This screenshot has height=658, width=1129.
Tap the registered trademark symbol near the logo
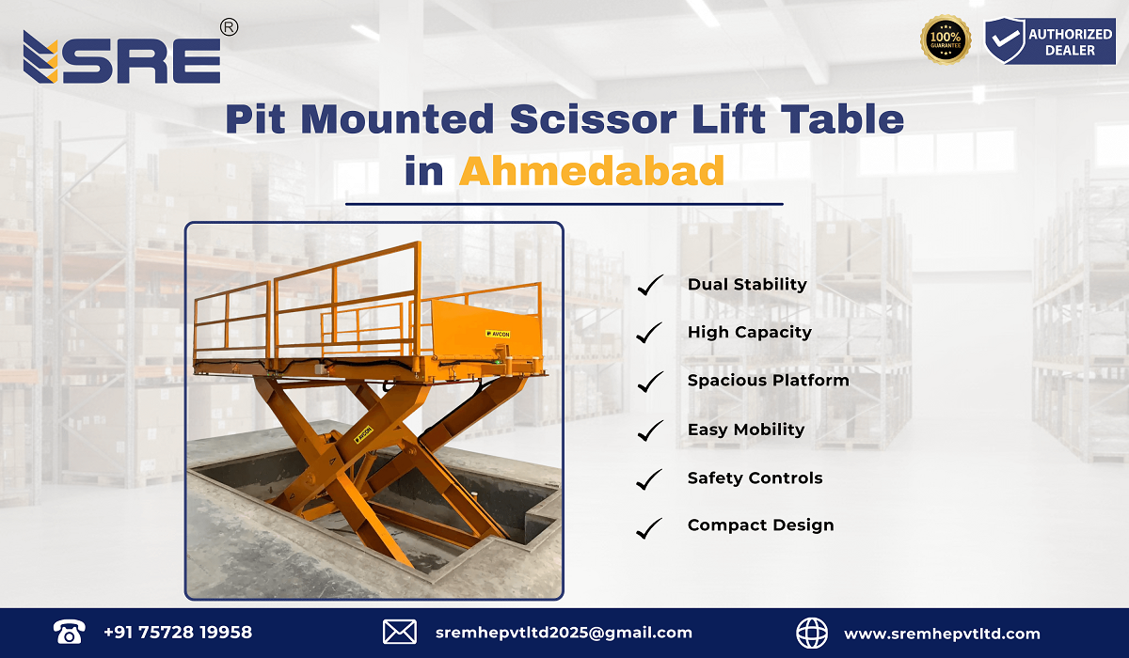228,28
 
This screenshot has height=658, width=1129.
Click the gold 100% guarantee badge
945,40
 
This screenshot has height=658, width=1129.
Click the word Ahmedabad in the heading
592,171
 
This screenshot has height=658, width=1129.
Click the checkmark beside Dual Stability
649,285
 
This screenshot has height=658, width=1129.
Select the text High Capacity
749,332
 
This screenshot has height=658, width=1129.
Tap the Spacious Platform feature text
768,381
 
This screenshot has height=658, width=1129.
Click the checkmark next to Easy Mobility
649,431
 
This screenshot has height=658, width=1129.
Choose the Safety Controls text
755,478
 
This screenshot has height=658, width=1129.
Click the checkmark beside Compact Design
649,527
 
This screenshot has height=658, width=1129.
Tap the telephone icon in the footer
68,633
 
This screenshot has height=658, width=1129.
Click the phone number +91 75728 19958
178,633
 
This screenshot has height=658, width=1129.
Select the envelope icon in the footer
400,633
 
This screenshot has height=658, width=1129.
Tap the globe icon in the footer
812,633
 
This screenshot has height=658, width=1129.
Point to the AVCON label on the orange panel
499,334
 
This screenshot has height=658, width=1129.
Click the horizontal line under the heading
564,203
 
